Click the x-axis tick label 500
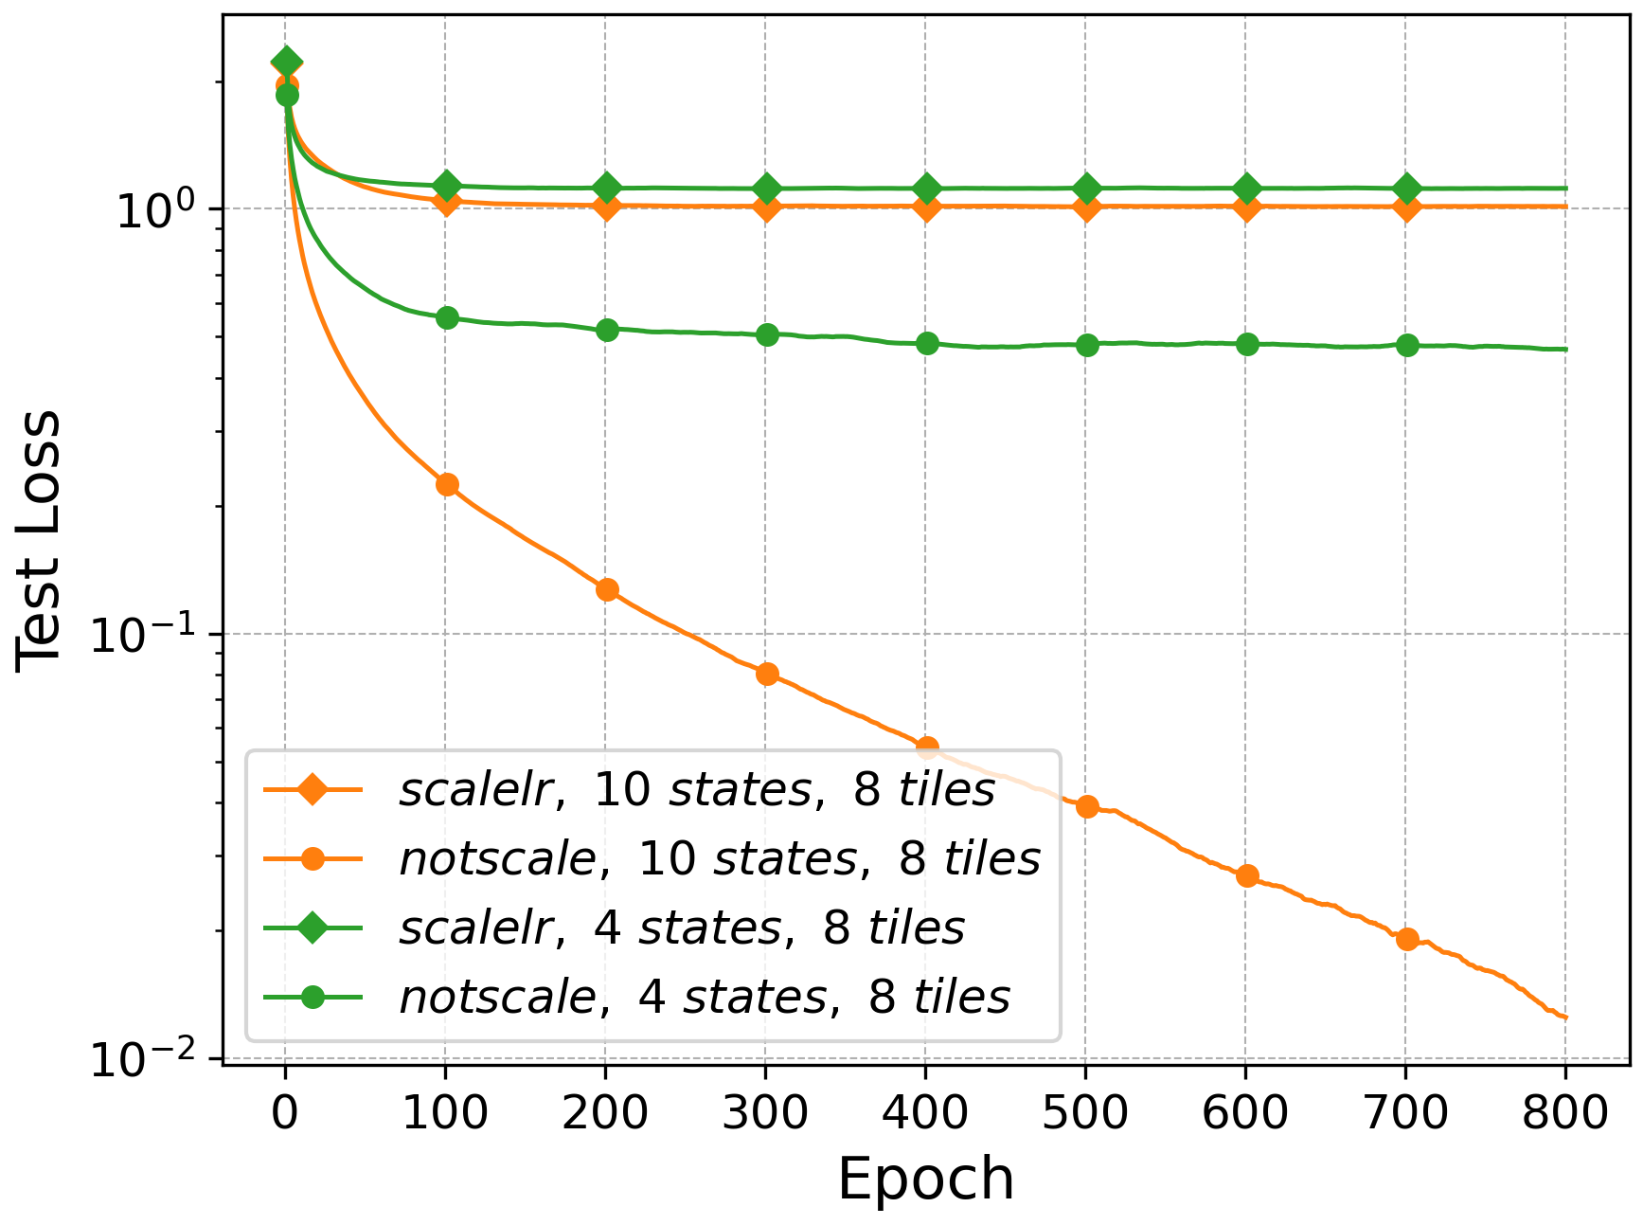pyautogui.click(x=1085, y=1112)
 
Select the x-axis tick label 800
pyautogui.click(x=1565, y=1112)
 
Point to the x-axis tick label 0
pyautogui.click(x=285, y=1112)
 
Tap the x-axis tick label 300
pyautogui.click(x=765, y=1112)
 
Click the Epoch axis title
pyautogui.click(x=925, y=1180)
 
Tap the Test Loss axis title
pyautogui.click(x=40, y=541)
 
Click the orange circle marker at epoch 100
pyautogui.click(x=447, y=485)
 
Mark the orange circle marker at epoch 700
pyautogui.click(x=1407, y=939)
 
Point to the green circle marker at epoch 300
pyautogui.click(x=767, y=334)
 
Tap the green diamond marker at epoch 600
pyautogui.click(x=1247, y=189)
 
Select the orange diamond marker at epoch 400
pyautogui.click(x=927, y=207)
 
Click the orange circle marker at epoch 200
pyautogui.click(x=607, y=590)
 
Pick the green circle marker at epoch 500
pyautogui.click(x=1087, y=345)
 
